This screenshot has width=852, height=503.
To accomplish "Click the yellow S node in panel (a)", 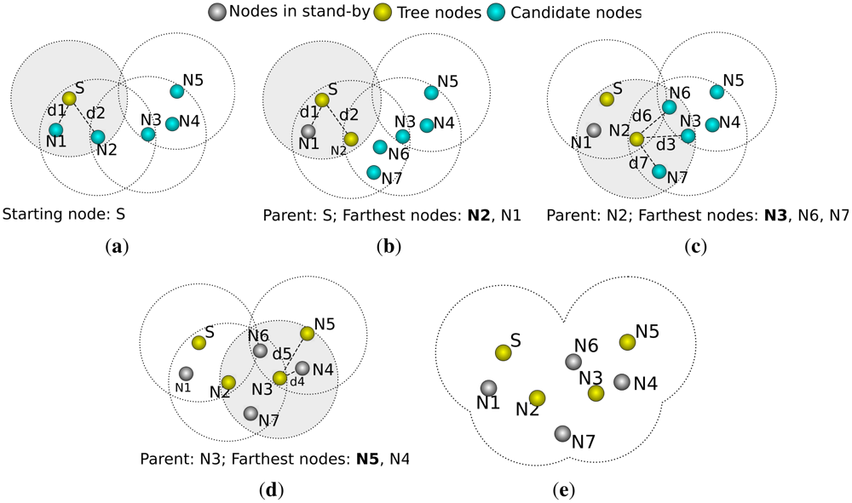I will coord(70,99).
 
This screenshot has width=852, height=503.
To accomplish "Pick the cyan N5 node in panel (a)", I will coord(176,91).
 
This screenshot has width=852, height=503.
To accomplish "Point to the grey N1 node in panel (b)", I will coord(308,131).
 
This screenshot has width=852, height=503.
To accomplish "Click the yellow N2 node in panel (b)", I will coord(351,139).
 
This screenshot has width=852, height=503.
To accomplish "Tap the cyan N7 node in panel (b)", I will coord(373,172).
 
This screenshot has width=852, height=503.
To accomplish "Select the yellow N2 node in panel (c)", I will coord(636,139).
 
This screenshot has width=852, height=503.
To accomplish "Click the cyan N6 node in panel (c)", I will coord(670,107).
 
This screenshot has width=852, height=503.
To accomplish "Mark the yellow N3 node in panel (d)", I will coord(279,378).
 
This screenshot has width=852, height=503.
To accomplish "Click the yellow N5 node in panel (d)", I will coord(307,334).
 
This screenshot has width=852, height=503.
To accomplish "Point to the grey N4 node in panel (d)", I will coord(302,369).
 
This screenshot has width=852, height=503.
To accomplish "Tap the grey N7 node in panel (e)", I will coord(561,434).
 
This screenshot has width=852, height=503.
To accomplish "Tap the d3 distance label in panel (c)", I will coord(665,146).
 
